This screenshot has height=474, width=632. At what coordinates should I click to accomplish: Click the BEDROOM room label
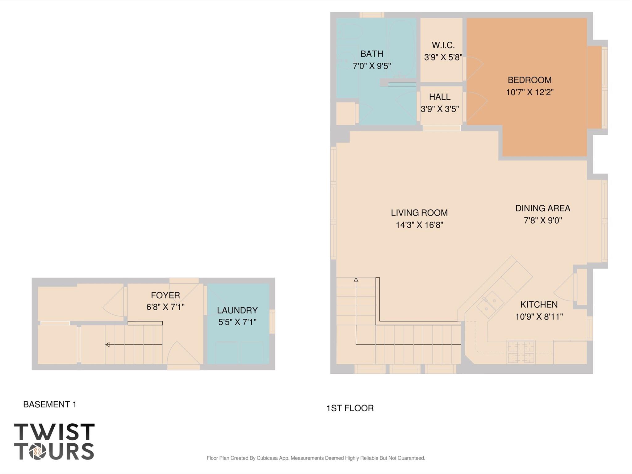tap(529, 80)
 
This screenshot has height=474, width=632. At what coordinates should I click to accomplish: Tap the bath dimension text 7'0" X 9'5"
tap(372, 66)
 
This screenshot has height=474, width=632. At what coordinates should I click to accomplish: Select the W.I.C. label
tap(443, 45)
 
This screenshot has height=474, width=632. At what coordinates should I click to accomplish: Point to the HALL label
tap(440, 97)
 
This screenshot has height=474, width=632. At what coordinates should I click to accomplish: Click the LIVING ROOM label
tap(419, 213)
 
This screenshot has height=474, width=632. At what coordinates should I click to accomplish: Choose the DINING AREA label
tap(542, 208)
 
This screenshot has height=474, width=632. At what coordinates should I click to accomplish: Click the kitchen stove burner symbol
tap(521, 352)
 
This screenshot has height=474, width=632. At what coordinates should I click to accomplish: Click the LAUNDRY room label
tap(237, 310)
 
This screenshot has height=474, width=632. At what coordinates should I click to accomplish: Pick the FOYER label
tap(165, 295)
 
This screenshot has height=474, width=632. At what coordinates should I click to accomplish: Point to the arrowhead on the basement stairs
tap(107, 345)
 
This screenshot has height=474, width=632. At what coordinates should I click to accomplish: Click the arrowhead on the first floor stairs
tap(356, 280)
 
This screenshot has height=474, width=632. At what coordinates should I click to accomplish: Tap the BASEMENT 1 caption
tap(50, 404)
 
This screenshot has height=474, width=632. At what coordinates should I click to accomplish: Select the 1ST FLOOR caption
tap(350, 408)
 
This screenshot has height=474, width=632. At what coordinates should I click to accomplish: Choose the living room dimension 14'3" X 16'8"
tap(419, 225)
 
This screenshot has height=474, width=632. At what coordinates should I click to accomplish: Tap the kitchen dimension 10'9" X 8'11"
tap(539, 317)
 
